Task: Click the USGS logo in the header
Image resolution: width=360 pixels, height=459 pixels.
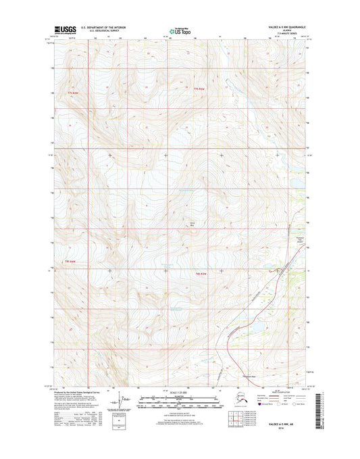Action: coord(63,30)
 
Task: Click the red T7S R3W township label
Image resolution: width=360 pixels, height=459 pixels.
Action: coord(198,89)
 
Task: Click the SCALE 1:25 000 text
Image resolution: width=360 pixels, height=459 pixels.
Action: coord(180,393)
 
